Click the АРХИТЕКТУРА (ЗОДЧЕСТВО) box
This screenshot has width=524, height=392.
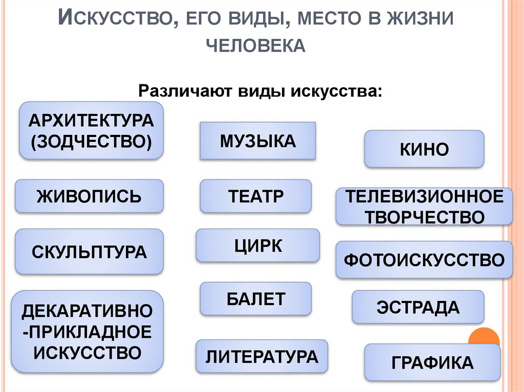click(91, 130)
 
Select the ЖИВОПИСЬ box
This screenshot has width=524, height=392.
click(89, 196)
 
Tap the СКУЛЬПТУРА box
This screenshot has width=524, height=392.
click(89, 252)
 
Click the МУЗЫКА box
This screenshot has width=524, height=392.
click(257, 141)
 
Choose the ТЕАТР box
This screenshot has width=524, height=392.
click(255, 196)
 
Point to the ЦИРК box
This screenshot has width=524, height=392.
click(257, 246)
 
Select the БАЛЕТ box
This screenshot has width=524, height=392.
click(255, 298)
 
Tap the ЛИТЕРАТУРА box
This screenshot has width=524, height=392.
click(261, 356)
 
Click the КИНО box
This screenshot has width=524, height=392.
click(424, 149)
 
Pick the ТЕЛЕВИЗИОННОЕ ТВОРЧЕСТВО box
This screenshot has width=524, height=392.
click(424, 206)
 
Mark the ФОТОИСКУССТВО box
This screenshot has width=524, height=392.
click(424, 260)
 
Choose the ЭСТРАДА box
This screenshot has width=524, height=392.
click(418, 307)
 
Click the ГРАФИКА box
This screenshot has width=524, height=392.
click(432, 362)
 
